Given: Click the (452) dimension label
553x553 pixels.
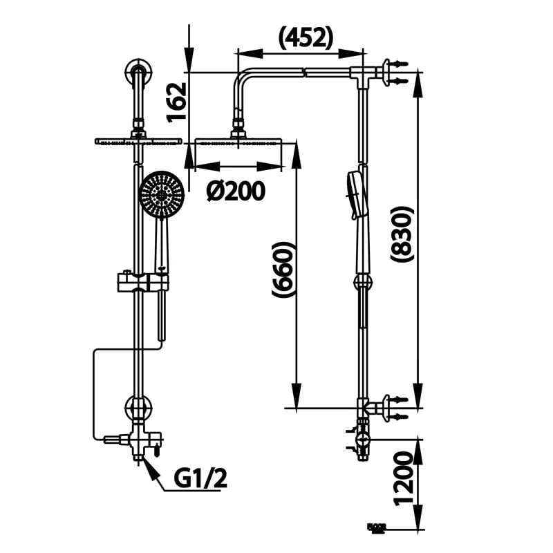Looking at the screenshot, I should point(306,38).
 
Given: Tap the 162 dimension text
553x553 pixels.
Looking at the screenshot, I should point(178,102).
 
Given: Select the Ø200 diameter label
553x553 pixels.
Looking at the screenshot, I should point(236,191).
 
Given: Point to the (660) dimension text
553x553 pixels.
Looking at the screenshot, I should point(283,270).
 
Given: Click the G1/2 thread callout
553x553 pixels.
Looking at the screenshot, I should point(200,478).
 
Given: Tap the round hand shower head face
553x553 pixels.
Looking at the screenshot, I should point(161,195).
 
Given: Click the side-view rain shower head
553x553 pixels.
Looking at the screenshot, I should point(238,142).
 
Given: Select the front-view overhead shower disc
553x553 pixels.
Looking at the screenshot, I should point(138,141).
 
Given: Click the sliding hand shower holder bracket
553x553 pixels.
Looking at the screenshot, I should point(142,281).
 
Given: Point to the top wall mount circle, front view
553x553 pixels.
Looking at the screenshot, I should point(138,71).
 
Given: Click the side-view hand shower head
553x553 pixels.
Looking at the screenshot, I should point(353,194).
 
